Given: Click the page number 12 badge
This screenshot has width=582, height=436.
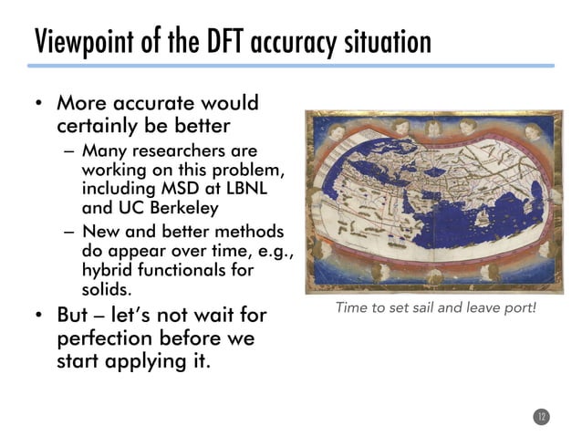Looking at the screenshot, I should (540, 417).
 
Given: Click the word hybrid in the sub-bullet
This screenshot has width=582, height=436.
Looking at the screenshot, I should (108, 271).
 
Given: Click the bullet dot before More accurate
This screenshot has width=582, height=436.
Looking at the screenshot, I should (40, 104).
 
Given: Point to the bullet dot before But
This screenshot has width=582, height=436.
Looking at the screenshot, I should (40, 317).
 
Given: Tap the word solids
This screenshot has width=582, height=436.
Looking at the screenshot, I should (107, 289).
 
